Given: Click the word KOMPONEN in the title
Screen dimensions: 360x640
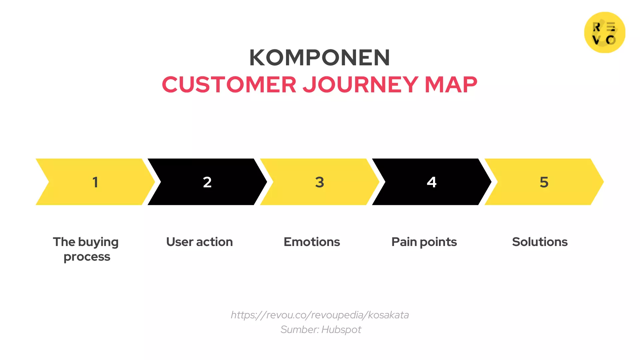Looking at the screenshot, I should pos(319,58).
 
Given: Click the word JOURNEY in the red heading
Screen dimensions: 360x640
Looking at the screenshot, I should pos(360,85).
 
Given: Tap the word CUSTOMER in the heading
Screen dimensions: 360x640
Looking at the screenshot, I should pos(229,85).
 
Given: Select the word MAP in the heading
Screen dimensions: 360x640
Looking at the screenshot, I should pos(451,85).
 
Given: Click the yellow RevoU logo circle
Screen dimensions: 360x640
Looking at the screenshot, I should pos(604,32).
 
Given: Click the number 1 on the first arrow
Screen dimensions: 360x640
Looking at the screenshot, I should pos(95,182).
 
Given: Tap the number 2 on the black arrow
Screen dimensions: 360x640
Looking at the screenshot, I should pos(207,182).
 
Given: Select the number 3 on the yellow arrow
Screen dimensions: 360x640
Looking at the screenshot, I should pos(319,182).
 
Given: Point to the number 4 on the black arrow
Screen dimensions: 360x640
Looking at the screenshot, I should pos(432,182).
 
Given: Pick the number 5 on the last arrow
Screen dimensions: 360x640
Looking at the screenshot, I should pos(544,182).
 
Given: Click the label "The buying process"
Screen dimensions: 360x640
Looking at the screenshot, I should pos(86,249).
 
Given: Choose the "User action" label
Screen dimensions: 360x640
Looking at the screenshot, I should pos(199,242).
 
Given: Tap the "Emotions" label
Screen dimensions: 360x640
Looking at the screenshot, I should pos(312,242).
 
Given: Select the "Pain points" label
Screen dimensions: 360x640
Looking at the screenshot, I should pos(424,242).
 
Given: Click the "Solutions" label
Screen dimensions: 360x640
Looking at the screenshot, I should pos(540,242).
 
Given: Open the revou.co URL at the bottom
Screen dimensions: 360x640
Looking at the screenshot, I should pos(320,315).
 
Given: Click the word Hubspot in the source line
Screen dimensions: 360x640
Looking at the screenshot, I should pos(341,330).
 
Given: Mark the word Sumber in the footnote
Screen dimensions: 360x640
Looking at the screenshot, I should pos(299,330).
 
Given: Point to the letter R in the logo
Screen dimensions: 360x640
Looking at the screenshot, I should pos(597,27).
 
